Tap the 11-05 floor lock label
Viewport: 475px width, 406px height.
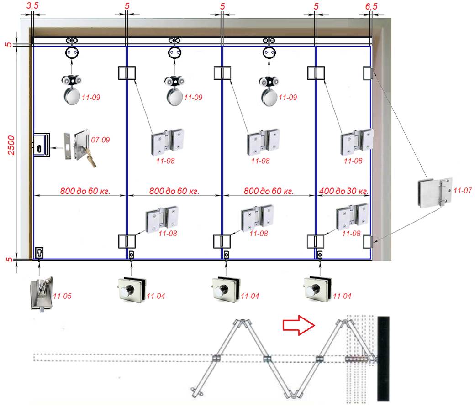(x=63, y=297)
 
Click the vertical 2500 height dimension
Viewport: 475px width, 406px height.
(x=12, y=145)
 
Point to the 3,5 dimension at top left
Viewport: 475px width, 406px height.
(x=33, y=7)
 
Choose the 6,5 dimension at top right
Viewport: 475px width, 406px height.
(x=372, y=7)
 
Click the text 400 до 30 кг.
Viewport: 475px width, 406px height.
(x=344, y=191)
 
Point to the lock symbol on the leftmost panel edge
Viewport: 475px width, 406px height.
(x=41, y=145)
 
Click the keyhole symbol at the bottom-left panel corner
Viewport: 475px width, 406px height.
(x=40, y=252)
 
